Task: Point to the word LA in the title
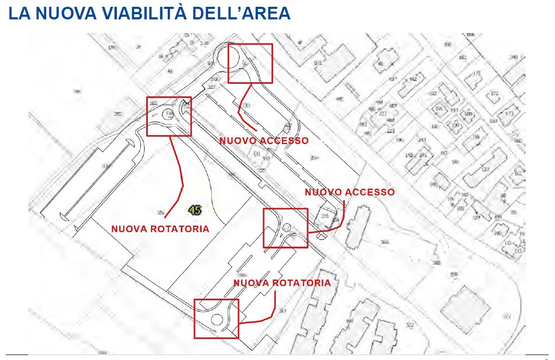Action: (x=19, y=14)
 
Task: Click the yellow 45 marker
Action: (x=195, y=211)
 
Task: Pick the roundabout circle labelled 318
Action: (x=169, y=114)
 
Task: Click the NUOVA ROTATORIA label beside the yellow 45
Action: (x=160, y=229)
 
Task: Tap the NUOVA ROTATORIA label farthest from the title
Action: (x=282, y=283)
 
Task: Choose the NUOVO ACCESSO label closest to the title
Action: (x=264, y=141)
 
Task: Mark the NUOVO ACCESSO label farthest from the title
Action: (x=350, y=192)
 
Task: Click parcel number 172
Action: (x=494, y=94)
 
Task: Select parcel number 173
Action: (x=509, y=114)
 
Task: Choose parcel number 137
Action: (x=486, y=169)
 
